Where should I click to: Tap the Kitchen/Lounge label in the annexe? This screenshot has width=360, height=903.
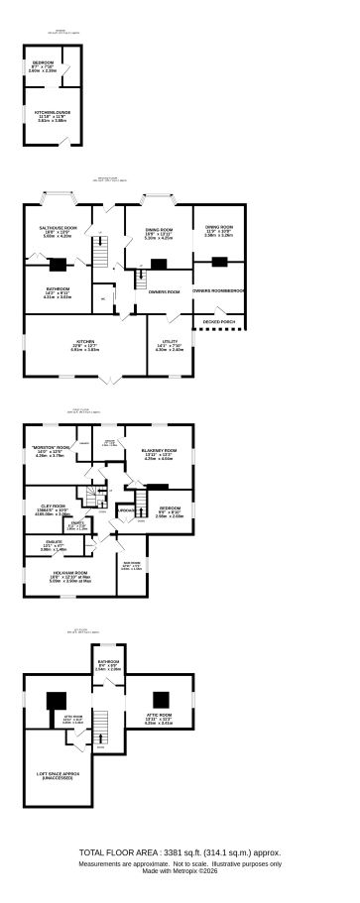point(46,113)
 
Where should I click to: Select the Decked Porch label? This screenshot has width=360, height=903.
point(218,322)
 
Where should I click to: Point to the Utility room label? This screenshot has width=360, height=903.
point(170,343)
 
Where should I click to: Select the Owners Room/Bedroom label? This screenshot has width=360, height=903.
point(218,290)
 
